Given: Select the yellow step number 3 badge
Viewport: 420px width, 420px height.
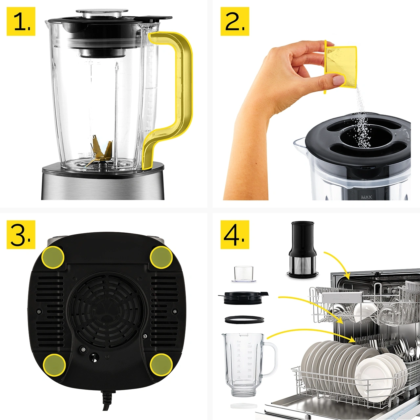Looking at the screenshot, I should click(21, 234).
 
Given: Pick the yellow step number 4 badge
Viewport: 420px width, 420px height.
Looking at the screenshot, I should click(235, 234).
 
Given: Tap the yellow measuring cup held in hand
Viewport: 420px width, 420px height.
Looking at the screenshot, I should click(341, 66).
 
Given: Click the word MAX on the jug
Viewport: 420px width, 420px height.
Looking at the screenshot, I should click(366, 197).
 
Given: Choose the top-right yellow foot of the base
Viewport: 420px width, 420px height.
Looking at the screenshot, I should click(161, 257).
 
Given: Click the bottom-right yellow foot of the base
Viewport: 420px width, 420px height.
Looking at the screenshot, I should click(161, 364).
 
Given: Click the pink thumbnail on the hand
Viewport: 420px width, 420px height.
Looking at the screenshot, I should click(338, 80).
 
